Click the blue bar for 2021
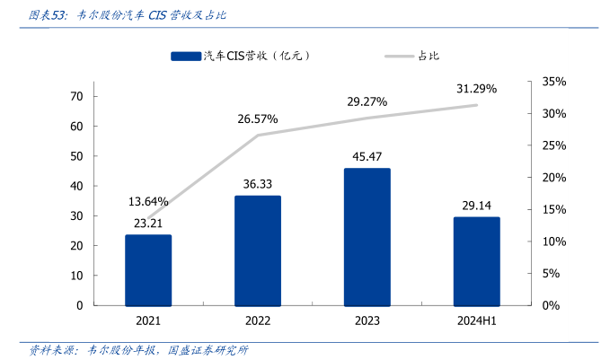click(x=148, y=269)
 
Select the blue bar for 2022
click(x=258, y=250)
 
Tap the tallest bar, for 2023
click(x=367, y=236)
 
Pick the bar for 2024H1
click(x=476, y=260)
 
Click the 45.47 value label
click(x=367, y=157)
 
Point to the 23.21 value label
click(x=148, y=224)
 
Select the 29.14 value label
click(x=476, y=206)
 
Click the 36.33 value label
click(x=258, y=184)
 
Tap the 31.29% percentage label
click(x=476, y=89)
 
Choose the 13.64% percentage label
click(x=148, y=201)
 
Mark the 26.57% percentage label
click(x=258, y=119)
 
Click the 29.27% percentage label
click(x=367, y=101)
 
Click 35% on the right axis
click(x=554, y=82)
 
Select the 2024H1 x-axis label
click(x=476, y=320)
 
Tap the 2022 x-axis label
click(x=258, y=320)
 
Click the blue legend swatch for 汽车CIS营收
click(x=185, y=57)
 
